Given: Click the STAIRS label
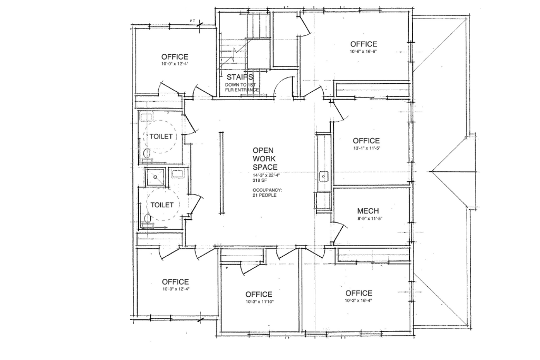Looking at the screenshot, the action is (x=240, y=77).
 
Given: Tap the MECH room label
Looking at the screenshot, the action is (x=368, y=211).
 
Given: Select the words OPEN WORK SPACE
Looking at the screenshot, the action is (x=265, y=159).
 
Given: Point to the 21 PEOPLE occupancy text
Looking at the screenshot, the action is (x=265, y=195).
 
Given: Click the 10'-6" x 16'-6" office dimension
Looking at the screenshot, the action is (x=364, y=52).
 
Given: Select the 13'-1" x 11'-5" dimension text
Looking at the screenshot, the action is (x=366, y=148).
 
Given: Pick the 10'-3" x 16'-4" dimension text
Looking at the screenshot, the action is (x=359, y=300).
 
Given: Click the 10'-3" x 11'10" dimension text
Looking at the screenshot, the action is (x=259, y=302).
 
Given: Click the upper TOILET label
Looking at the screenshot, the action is (x=161, y=137).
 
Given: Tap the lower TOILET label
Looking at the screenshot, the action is (x=162, y=205).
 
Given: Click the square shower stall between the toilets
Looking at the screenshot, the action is (x=156, y=177).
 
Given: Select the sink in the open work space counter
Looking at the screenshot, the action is (x=324, y=177).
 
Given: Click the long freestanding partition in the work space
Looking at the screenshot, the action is (x=221, y=173).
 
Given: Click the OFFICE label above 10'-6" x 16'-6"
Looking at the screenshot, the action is (x=364, y=44).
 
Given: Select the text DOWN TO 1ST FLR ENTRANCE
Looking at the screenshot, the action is (x=242, y=87).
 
